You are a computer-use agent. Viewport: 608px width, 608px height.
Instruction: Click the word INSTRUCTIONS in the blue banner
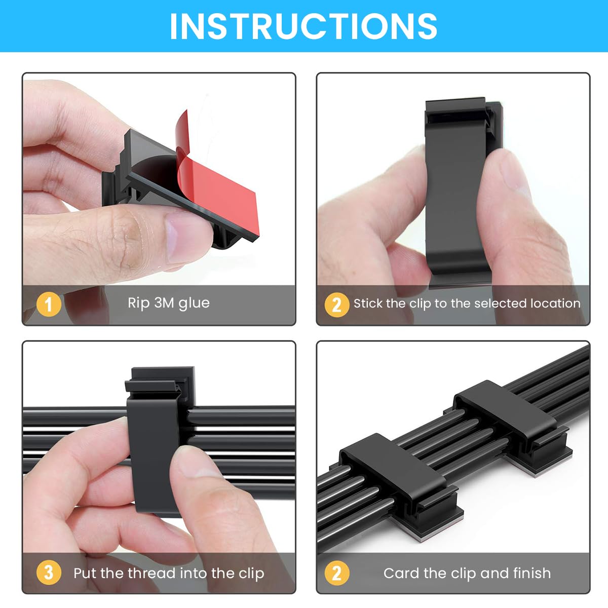(303, 26)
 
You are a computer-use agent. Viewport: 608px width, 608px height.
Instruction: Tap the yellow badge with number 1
(49, 304)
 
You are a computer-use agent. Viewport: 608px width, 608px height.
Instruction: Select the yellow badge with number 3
(49, 573)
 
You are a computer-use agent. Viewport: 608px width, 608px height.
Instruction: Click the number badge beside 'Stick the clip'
(336, 305)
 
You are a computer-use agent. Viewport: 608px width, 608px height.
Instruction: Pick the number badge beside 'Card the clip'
(336, 573)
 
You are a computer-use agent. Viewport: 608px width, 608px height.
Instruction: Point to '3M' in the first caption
(164, 302)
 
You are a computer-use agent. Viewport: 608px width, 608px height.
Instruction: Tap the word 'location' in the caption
(555, 303)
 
